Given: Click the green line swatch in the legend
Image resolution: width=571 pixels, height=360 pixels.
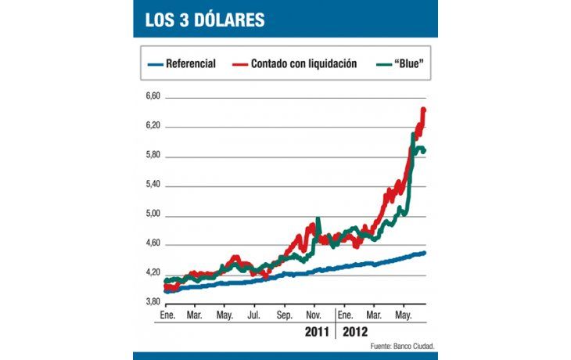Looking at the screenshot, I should (x=379, y=64).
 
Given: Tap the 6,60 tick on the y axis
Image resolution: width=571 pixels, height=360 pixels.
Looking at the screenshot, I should (x=152, y=96).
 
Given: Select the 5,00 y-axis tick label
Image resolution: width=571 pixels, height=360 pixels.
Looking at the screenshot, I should (x=152, y=214).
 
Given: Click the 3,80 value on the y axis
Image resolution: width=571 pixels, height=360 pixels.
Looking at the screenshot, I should (x=152, y=302).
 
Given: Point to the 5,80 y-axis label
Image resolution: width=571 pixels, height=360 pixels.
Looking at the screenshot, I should (x=152, y=156).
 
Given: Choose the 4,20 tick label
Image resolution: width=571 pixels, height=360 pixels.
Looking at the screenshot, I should (x=152, y=273).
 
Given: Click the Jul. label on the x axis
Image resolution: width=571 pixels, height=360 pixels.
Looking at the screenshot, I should (x=254, y=315).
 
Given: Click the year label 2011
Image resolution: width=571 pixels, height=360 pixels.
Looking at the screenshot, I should (x=317, y=332).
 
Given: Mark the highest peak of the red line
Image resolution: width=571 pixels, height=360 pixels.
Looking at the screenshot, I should (x=423, y=110).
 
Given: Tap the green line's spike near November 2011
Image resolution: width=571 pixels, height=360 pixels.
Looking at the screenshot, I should (x=318, y=220).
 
